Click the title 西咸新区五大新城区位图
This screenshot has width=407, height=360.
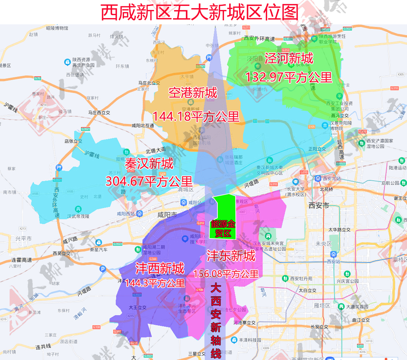pyautogui.click(x=200, y=12)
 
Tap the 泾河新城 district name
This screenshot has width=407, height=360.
pyautogui.click(x=289, y=58)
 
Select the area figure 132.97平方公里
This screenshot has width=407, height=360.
pyautogui.click(x=289, y=77)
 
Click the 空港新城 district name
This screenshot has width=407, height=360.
pyautogui.click(x=193, y=93)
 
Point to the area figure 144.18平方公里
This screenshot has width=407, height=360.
pyautogui.click(x=196, y=117)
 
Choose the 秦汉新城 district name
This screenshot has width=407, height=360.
pyautogui.click(x=149, y=163)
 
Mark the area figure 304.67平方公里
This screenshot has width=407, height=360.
pyautogui.click(x=149, y=181)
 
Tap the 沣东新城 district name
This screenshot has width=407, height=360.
pyautogui.click(x=231, y=256)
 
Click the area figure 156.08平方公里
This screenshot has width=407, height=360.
pyautogui.click(x=226, y=274)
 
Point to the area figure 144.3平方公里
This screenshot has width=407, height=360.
pyautogui.click(x=155, y=283)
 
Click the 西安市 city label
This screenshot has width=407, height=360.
pyautogui.click(x=318, y=206)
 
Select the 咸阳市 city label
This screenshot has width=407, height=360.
pyautogui.click(x=167, y=215)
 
